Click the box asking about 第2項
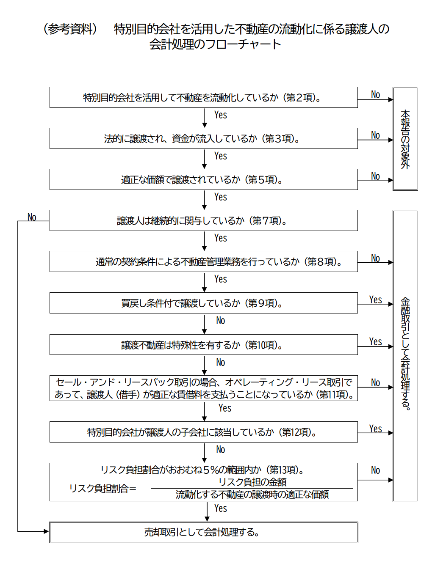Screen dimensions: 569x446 (203, 97)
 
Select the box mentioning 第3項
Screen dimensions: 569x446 (203, 138)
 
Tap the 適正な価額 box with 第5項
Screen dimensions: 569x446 (203, 179)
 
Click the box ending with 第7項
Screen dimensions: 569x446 (203, 220)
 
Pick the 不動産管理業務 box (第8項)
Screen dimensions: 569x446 (203, 261)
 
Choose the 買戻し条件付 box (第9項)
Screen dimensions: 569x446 (203, 303)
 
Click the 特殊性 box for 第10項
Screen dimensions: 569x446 (203, 345)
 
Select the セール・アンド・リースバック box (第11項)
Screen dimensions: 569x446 (203, 388)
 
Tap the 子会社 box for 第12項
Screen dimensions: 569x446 (203, 432)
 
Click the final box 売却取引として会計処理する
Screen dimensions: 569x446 (203, 532)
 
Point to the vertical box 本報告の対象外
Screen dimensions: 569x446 (405, 139)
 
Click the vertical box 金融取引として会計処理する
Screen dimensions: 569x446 (405, 355)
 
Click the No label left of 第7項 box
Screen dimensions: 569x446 (32, 217)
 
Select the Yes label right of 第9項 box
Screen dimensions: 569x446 (375, 300)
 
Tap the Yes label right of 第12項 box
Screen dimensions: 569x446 (375, 429)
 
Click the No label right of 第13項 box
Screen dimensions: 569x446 (375, 470)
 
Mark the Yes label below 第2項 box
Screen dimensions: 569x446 (220, 115)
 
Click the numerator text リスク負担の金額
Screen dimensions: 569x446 (252, 482)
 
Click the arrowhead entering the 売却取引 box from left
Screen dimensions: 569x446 (46, 531)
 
